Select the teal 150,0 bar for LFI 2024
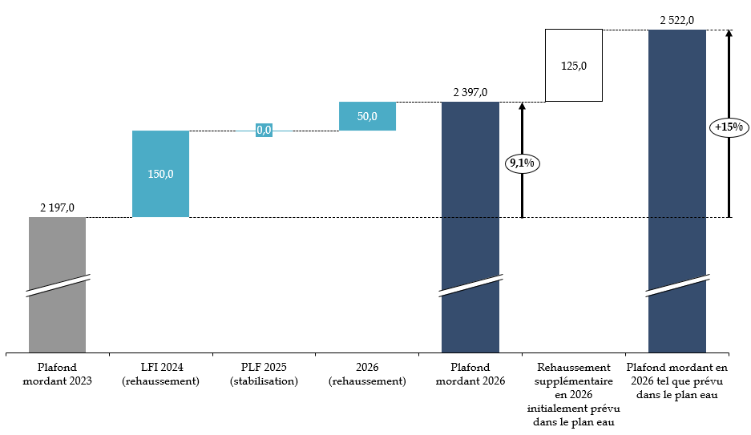click(160, 174)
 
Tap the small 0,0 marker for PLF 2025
click(264, 130)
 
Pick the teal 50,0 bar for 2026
click(367, 116)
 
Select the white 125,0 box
click(573, 66)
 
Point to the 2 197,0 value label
click(57, 208)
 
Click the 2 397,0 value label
click(470, 93)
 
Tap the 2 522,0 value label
click(676, 21)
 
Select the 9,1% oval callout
click(523, 163)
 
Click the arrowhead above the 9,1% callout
click(523, 106)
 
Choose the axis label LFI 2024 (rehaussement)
click(160, 374)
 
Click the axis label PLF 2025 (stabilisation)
click(264, 374)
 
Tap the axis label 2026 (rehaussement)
click(367, 374)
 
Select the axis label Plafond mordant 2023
click(57, 374)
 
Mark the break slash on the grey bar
click(57, 286)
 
